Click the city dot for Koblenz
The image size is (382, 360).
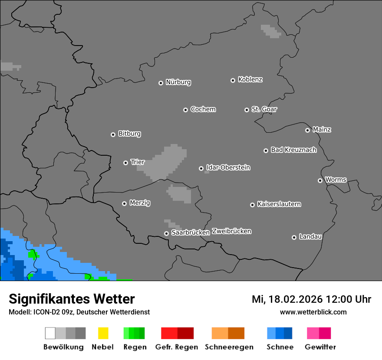233,80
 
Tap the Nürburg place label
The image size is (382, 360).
178,82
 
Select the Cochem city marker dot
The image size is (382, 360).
185,110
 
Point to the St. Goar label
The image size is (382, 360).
264,109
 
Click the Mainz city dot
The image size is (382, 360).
307,130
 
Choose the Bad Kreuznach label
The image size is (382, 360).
293,150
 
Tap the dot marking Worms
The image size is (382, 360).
320,180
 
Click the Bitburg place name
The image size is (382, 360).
129,134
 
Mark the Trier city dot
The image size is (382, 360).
125,163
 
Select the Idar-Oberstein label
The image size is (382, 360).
228,167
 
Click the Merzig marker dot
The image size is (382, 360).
124,203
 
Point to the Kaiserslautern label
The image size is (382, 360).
279,204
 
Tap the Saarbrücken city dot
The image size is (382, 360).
166,233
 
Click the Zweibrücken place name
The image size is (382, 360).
231,231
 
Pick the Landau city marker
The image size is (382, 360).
294,237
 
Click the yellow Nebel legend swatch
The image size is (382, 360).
103,333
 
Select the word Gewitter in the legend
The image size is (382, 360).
320,347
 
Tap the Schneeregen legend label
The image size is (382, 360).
229,347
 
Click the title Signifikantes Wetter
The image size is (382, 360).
72,299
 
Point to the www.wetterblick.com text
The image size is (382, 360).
313,312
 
